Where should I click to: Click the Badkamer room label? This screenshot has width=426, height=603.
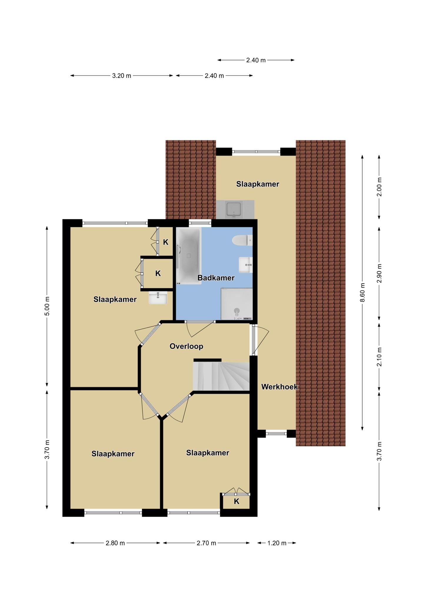(x=216, y=278)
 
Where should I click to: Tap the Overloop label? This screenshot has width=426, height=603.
(x=187, y=346)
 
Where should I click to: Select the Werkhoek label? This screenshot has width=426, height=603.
(x=279, y=387)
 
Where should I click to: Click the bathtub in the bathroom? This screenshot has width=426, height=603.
(x=189, y=256)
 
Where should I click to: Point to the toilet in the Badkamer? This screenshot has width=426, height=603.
(x=242, y=240)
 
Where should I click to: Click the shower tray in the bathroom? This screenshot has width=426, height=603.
(x=237, y=304)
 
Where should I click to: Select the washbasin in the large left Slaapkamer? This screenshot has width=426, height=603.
(x=158, y=298)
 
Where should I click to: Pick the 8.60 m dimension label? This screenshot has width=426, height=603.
(x=362, y=292)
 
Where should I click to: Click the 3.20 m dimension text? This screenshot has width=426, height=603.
(x=122, y=76)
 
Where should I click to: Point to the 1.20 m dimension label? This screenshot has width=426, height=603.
(x=277, y=543)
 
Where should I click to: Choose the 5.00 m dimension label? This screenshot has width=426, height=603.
(x=47, y=306)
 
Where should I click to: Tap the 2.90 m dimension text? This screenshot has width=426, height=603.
(x=379, y=273)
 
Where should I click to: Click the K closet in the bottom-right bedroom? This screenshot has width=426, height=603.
(x=237, y=501)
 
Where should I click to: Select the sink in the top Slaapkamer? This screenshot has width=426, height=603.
(x=234, y=209)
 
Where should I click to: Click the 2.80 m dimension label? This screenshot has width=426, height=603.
(x=115, y=543)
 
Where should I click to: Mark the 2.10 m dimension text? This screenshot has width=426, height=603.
(x=379, y=357)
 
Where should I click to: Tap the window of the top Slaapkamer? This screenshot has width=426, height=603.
(x=256, y=152)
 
